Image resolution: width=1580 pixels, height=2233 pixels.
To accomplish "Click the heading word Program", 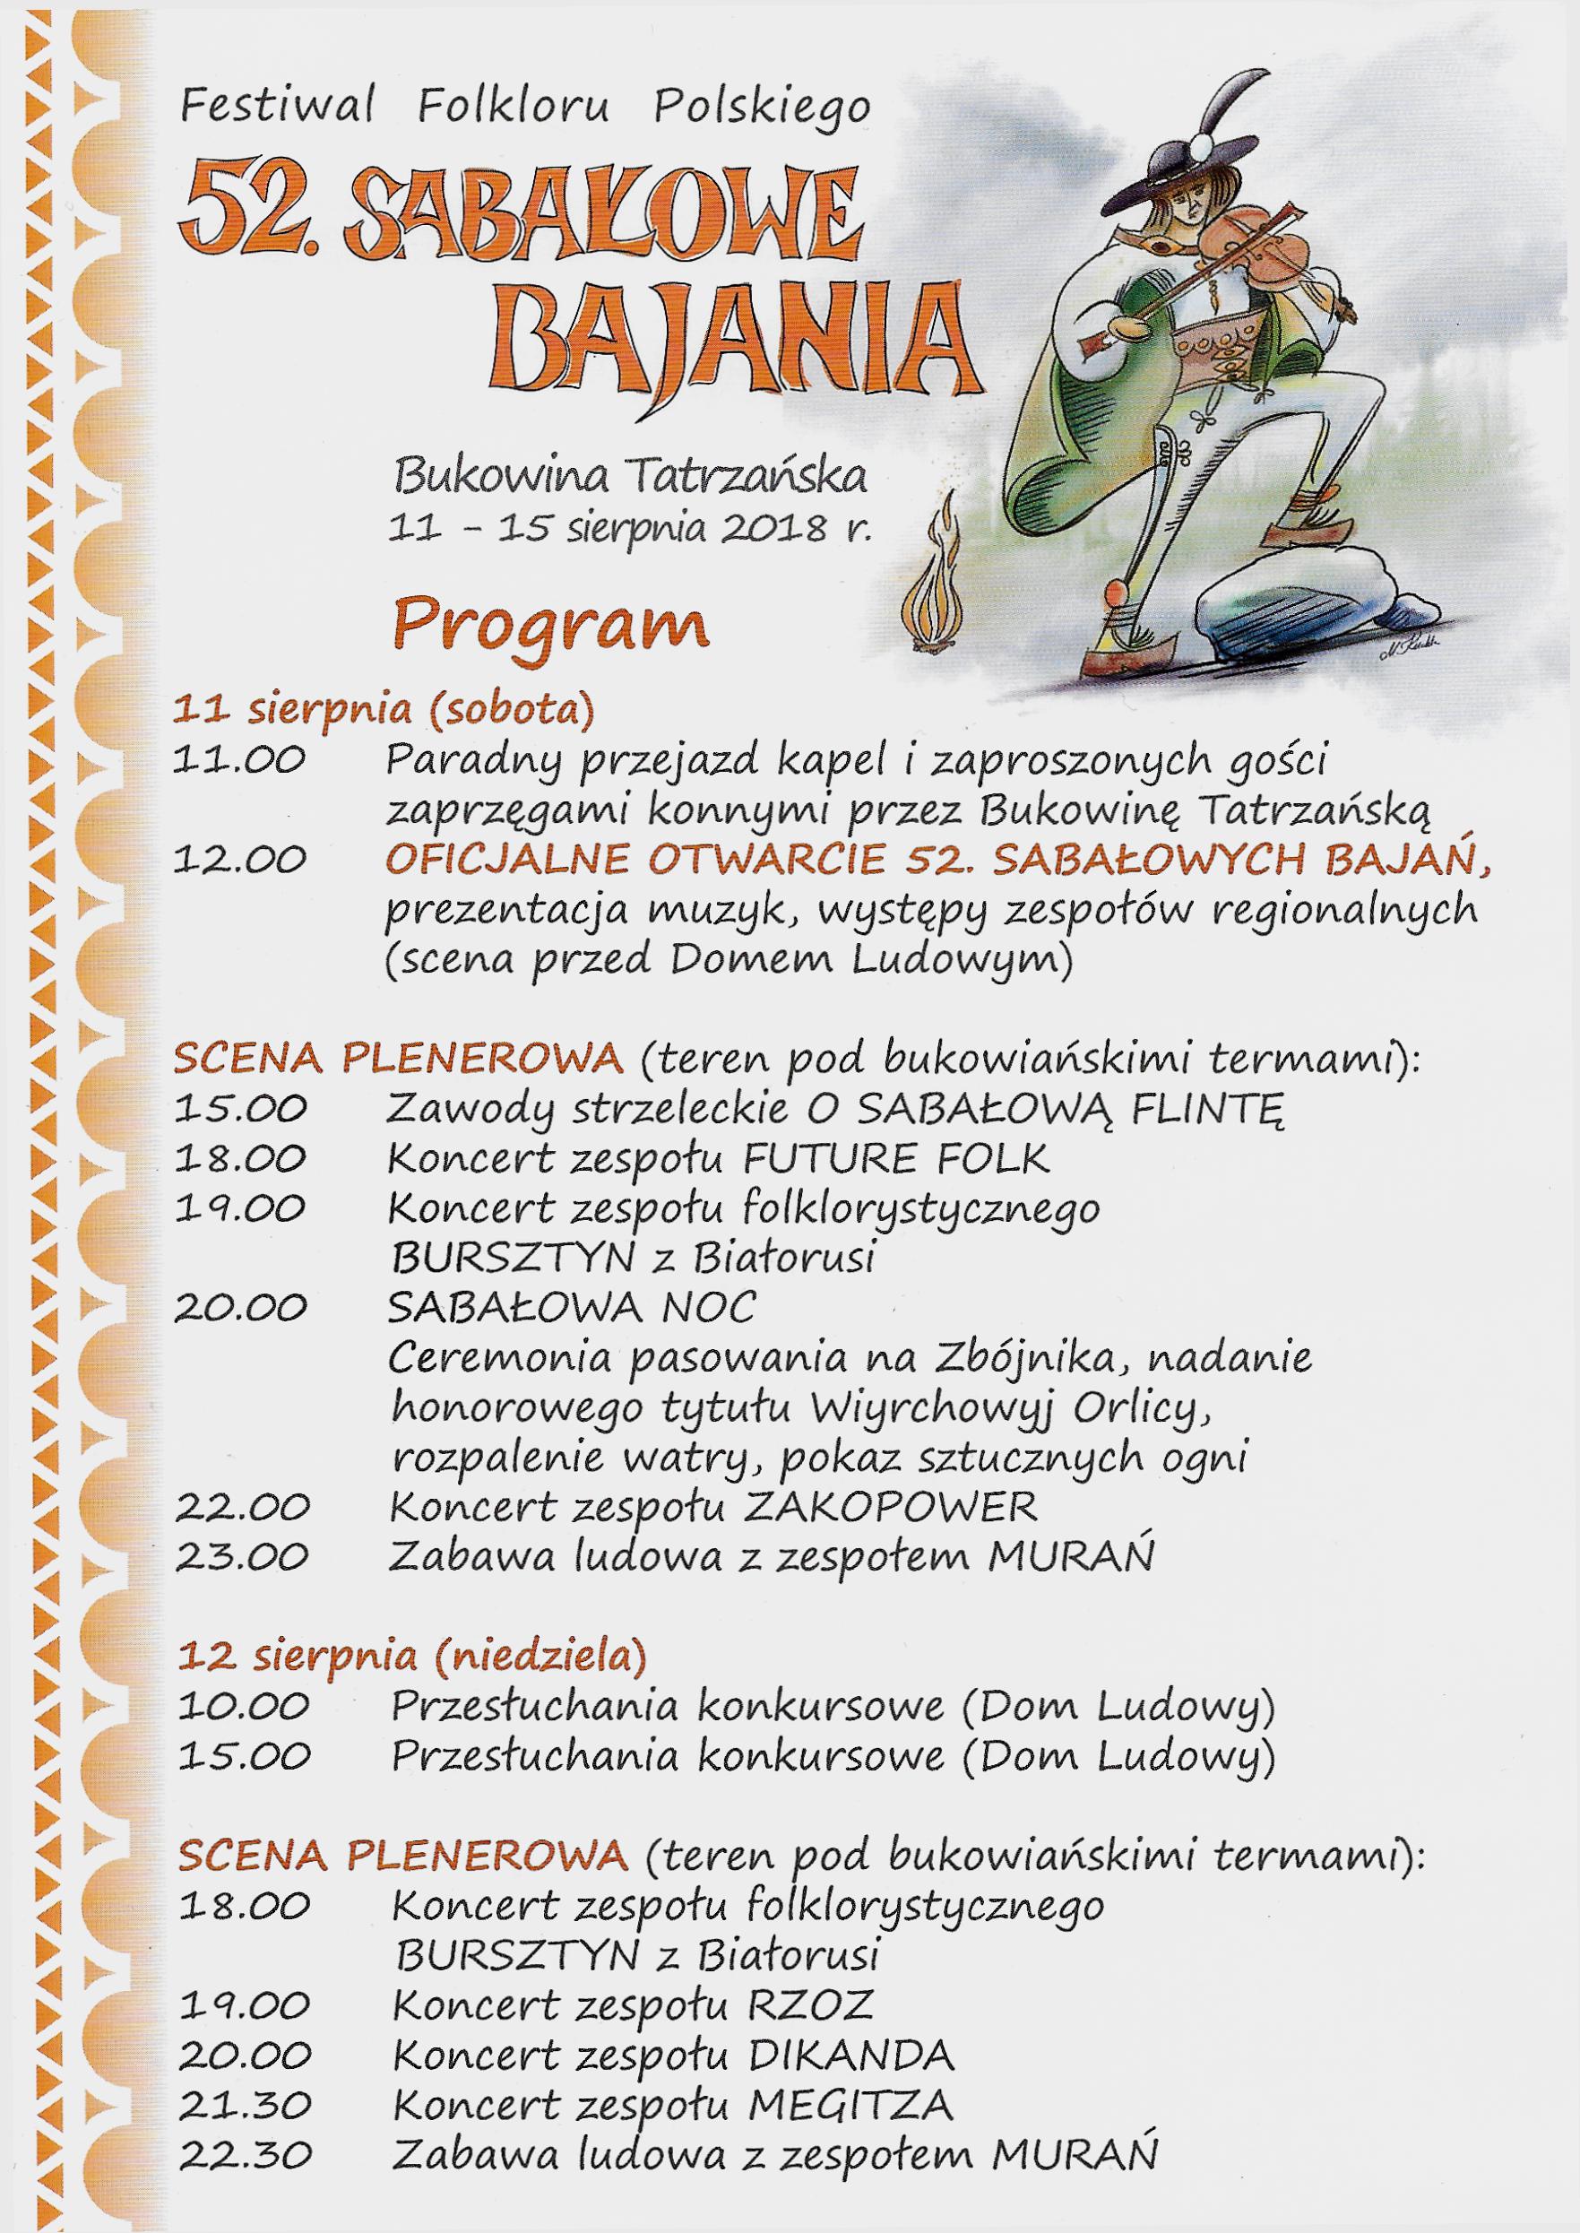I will [549, 627].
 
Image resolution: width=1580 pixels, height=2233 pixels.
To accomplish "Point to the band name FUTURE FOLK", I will [896, 1158].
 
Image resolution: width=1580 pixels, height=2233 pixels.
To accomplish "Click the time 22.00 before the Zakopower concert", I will [243, 1506].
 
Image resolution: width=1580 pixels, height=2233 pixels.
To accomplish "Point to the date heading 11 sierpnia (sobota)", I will [383, 710].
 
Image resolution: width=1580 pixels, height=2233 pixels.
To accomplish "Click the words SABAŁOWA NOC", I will [571, 1307].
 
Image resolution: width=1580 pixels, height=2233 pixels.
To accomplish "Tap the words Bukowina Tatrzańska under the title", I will [630, 478].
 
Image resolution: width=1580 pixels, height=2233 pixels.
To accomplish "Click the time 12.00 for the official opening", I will [241, 860].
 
